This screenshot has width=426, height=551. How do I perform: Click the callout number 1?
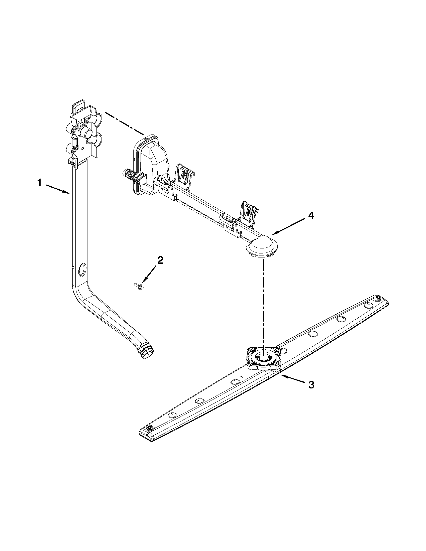pos(39,182)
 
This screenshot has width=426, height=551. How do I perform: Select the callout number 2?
pos(160,260)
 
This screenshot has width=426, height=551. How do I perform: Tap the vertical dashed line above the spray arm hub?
pos(264,303)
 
